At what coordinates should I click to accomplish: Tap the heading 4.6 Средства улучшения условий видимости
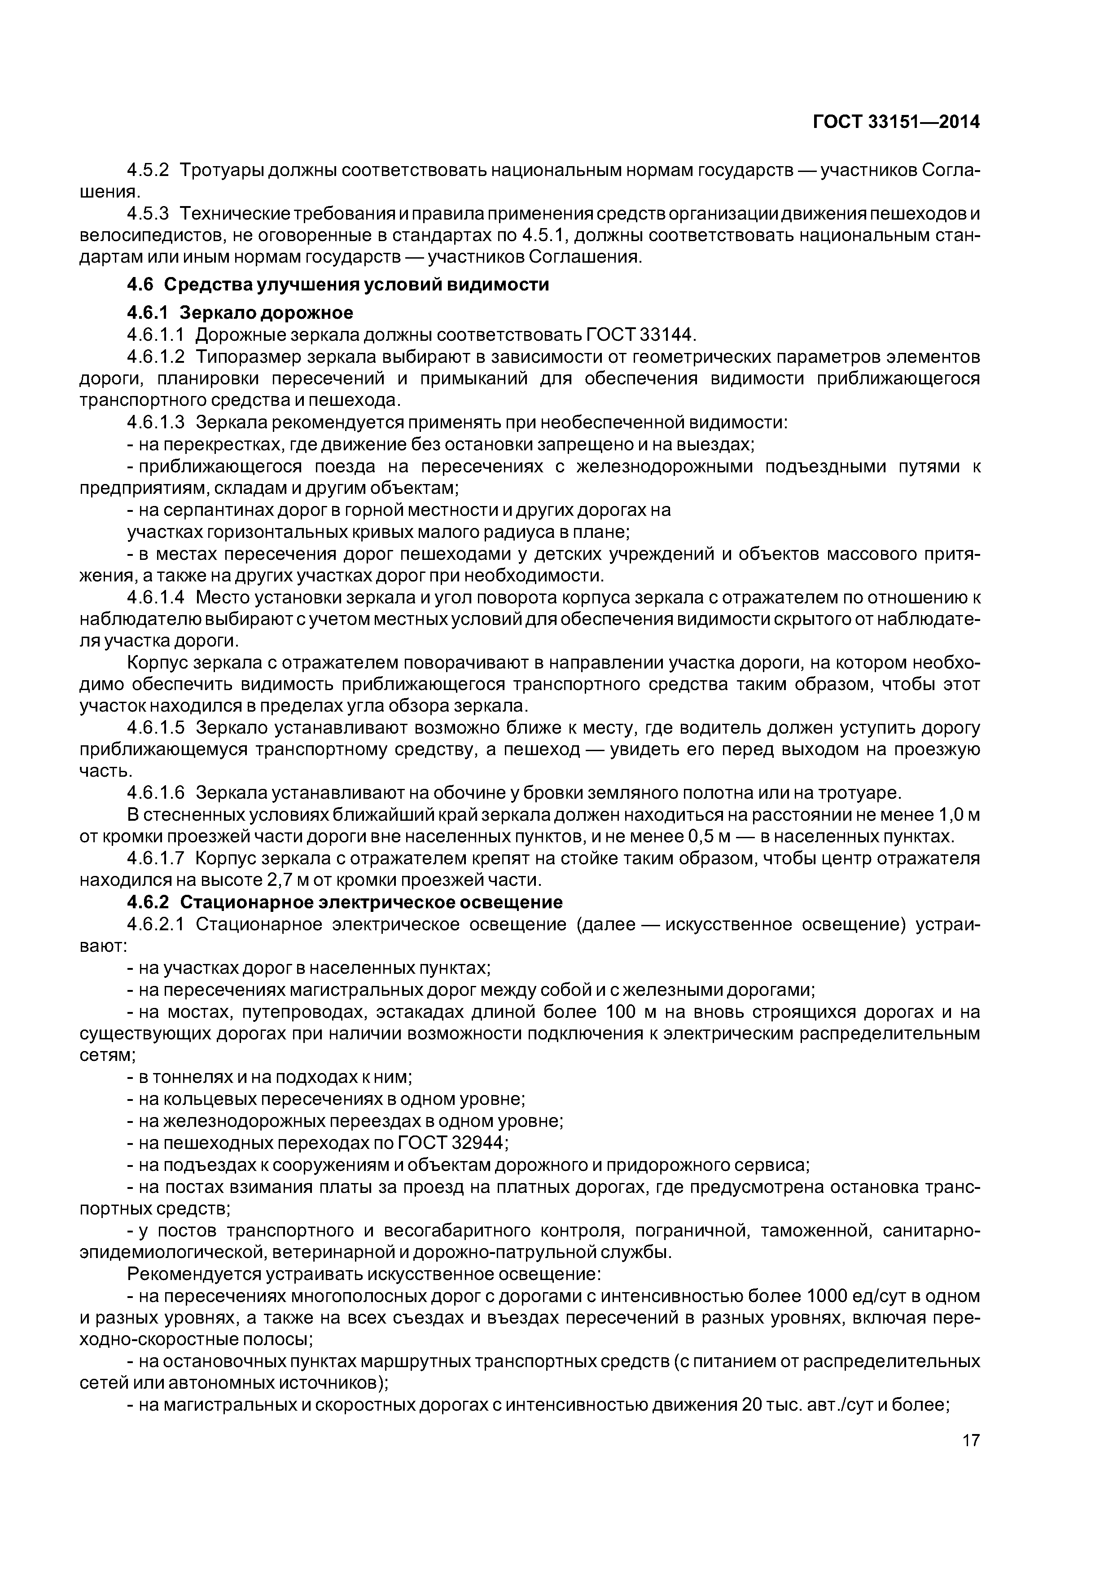point(338,284)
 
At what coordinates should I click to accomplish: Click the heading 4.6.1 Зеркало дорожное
point(240,313)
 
